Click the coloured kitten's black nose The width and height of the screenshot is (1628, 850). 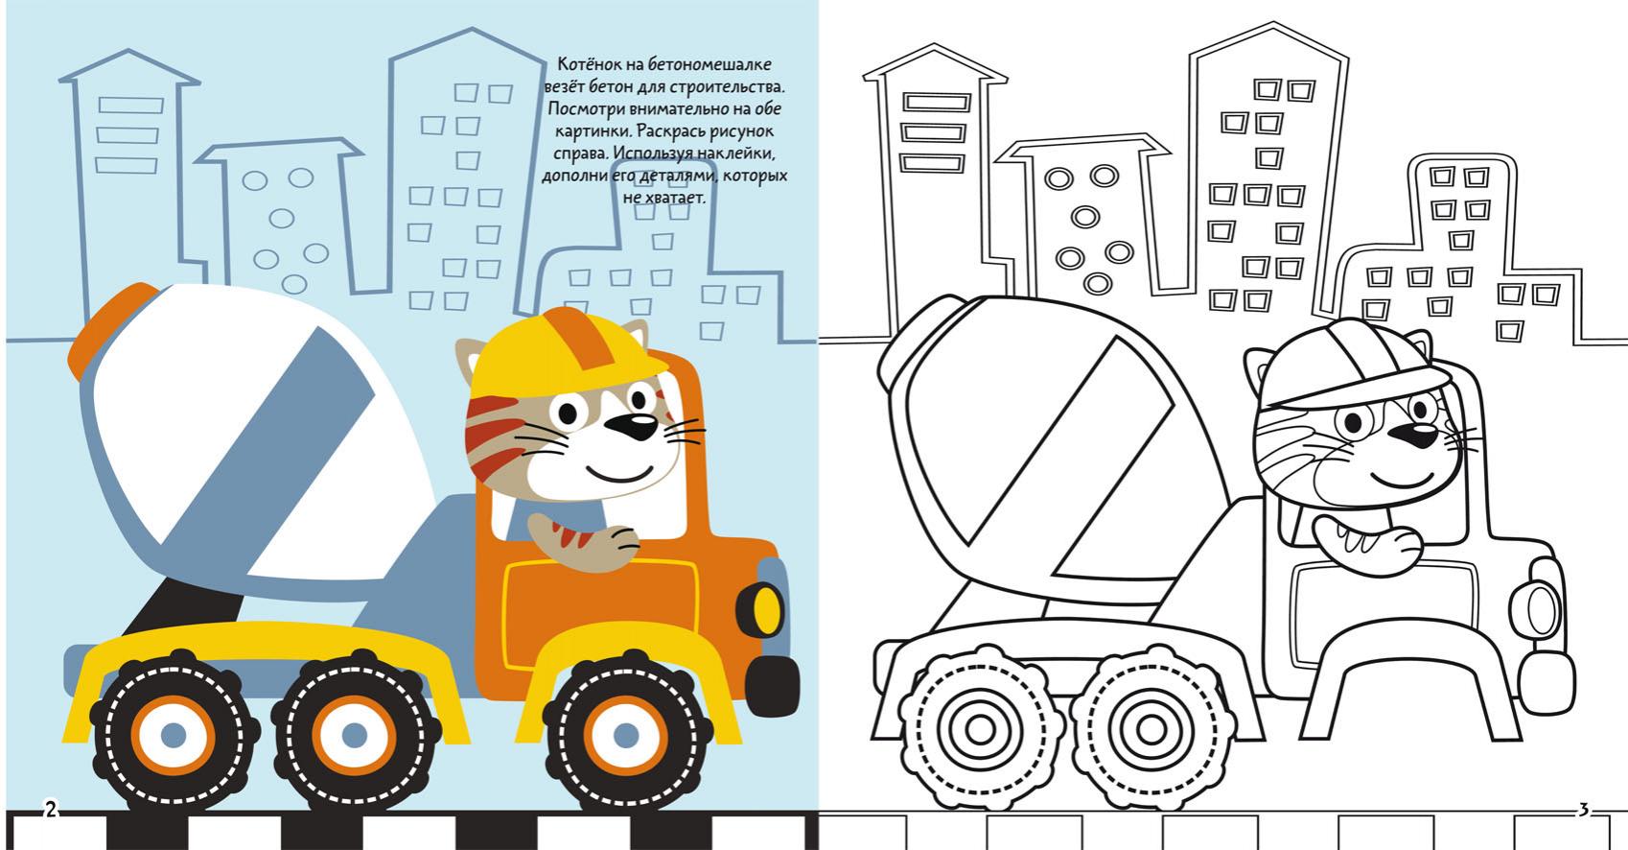[632, 426]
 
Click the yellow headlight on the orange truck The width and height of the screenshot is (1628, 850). [765, 609]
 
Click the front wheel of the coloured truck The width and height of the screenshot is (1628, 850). [626, 733]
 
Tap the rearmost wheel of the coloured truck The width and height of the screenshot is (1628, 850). [174, 734]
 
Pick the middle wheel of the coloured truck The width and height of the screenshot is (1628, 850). [355, 734]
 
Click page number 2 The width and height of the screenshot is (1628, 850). [51, 809]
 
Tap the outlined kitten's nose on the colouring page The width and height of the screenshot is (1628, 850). [1412, 436]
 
